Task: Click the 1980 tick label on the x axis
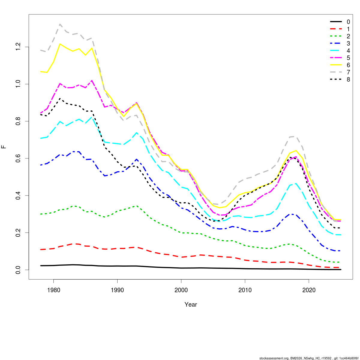coord(53,290)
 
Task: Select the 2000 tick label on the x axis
coord(181,290)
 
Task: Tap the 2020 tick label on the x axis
coord(309,290)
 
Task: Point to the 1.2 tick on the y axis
coord(18,47)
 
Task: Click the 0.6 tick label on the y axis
coord(18,158)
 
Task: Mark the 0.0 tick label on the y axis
coord(18,270)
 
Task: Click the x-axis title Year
coord(191,304)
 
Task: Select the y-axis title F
coord(4,147)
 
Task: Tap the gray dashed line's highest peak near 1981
coord(60,24)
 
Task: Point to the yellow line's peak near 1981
coord(60,44)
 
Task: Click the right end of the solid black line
coord(341,269)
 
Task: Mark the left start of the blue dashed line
coord(41,165)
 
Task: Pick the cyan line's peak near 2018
coord(296,184)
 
